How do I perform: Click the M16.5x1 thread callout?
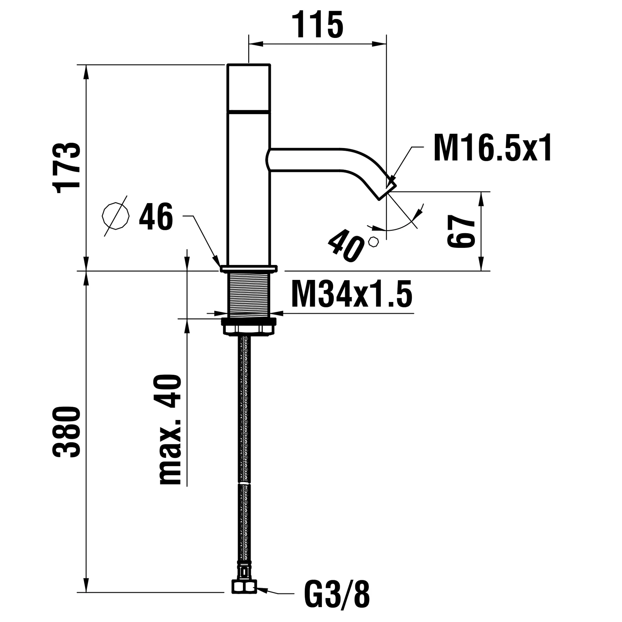(492, 149)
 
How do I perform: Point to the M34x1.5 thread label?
(351, 294)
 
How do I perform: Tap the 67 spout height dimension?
(461, 231)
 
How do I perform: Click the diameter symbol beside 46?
(115, 216)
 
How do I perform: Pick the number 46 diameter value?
(156, 217)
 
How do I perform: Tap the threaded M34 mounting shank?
(249, 295)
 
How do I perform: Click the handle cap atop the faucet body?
(248, 87)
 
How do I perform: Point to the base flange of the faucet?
(248, 269)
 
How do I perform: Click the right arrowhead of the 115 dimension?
(379, 44)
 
